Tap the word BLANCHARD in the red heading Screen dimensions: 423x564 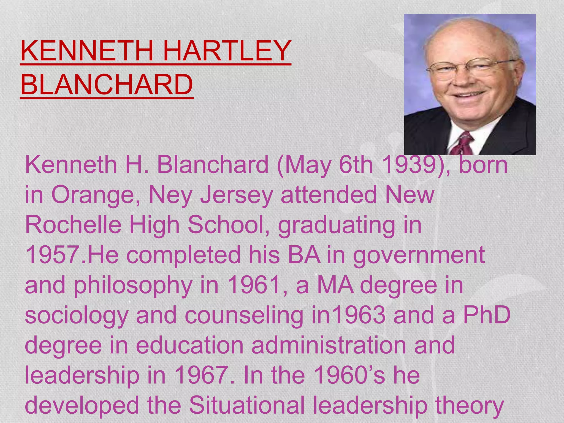(x=107, y=85)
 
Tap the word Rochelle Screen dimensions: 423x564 (x=73, y=225)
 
